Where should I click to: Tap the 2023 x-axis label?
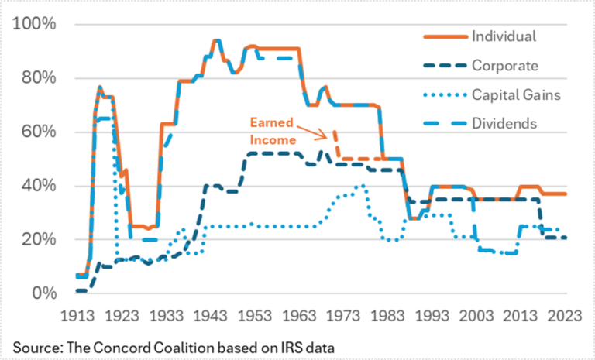[x=547, y=316]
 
